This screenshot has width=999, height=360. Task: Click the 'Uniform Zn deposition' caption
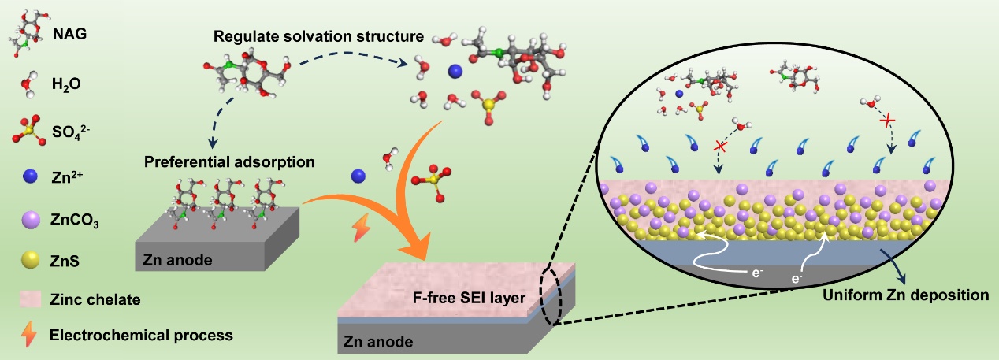pyautogui.click(x=904, y=295)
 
